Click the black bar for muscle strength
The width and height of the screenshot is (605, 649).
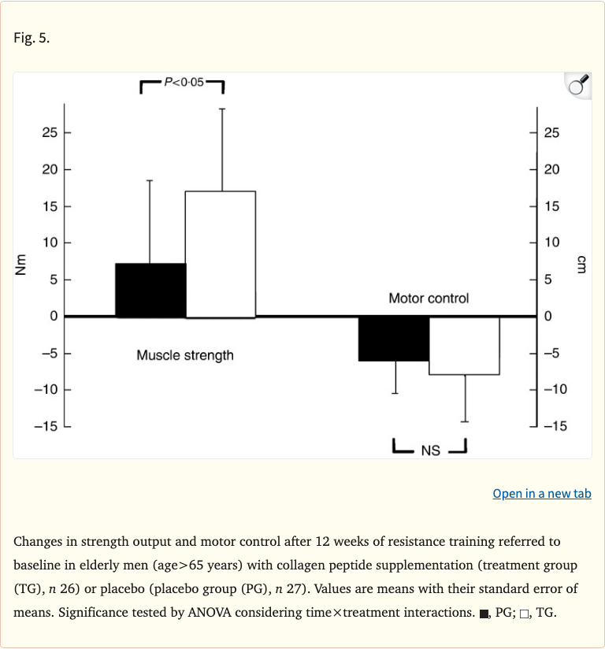(x=150, y=290)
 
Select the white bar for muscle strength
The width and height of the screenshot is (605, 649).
(x=220, y=254)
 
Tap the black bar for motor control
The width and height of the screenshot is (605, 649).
(x=394, y=339)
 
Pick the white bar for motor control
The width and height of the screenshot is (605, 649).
(x=464, y=345)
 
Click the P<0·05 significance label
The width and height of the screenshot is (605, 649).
(x=183, y=81)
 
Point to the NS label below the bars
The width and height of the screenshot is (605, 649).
(x=430, y=451)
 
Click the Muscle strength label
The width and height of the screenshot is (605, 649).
(x=185, y=355)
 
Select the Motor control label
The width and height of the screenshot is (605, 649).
(x=429, y=299)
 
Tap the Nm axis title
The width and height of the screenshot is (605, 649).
(x=21, y=264)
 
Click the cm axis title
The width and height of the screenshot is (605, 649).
(x=582, y=264)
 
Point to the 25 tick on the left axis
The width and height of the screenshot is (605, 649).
(x=50, y=132)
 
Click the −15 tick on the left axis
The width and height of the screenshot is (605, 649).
(x=46, y=426)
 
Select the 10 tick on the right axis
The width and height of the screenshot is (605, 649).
(x=551, y=243)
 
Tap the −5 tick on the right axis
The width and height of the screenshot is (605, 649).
(x=552, y=353)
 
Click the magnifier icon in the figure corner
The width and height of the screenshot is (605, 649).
(x=577, y=86)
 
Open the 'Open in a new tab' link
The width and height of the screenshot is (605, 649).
(x=542, y=494)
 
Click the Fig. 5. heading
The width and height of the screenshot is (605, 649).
(x=32, y=38)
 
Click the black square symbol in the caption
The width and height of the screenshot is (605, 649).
(x=484, y=613)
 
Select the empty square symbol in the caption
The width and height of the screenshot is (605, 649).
(x=525, y=613)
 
